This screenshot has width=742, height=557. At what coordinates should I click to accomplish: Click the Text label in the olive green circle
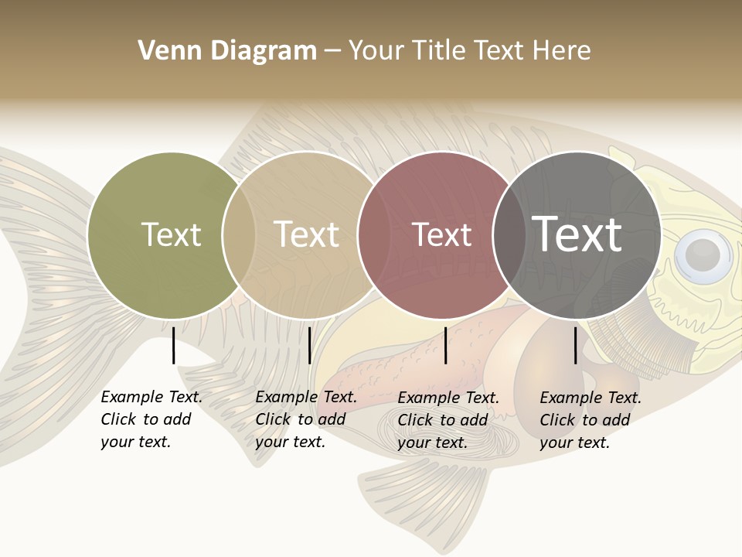coord(171,234)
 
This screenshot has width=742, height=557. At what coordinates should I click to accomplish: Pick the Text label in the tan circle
coord(306,234)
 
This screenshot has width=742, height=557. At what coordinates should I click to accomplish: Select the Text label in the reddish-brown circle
coord(441,234)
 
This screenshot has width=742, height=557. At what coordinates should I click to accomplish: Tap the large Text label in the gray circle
coord(577,234)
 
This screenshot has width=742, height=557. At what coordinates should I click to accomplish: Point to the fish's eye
coord(702,252)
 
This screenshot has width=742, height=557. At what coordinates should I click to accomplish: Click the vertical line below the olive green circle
coord(174,345)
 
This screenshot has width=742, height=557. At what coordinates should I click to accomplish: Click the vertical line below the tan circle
coord(309,345)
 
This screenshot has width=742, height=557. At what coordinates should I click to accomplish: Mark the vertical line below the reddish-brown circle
coord(445,345)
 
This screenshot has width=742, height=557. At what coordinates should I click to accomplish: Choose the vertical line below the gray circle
coord(575,345)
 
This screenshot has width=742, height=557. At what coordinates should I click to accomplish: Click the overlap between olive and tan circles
coord(239,234)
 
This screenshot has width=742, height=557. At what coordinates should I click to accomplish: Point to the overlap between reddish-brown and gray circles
coord(509,234)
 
